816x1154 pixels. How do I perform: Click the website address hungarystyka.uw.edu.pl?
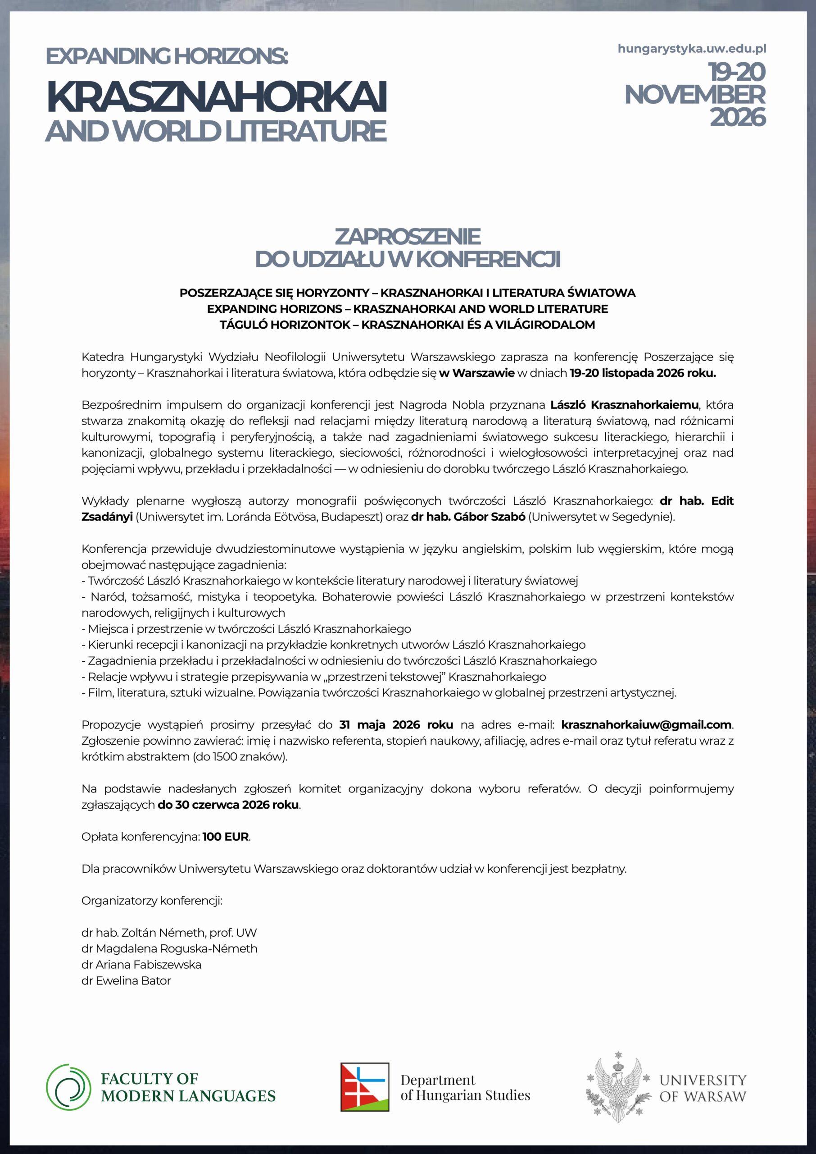(692, 49)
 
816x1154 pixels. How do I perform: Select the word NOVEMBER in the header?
(695, 95)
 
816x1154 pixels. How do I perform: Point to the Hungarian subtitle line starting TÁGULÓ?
(408, 325)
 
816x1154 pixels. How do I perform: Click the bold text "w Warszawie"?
(477, 374)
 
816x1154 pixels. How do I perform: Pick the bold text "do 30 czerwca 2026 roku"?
(229, 805)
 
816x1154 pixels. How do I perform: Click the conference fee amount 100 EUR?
(226, 837)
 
